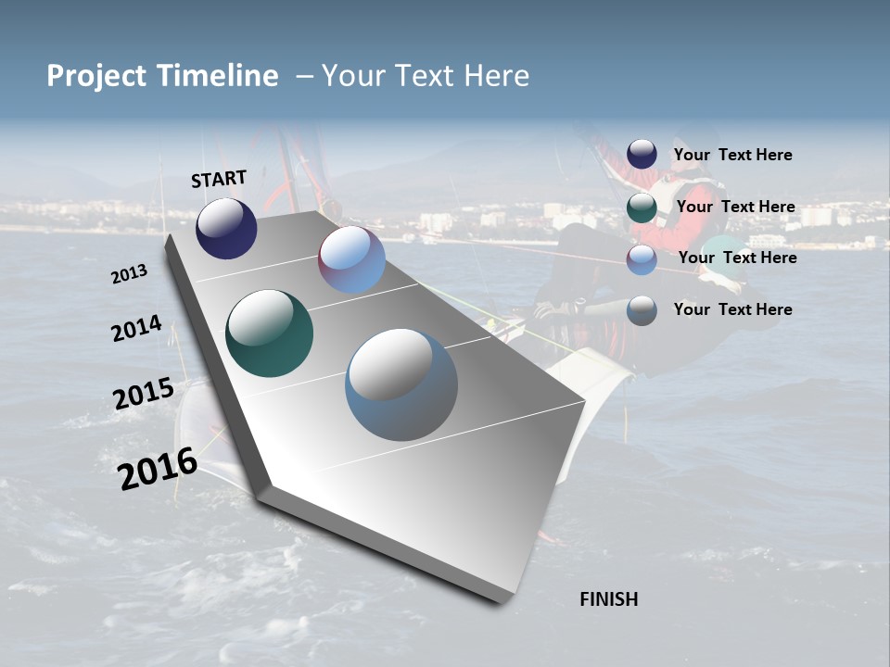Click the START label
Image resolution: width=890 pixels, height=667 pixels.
[219, 179]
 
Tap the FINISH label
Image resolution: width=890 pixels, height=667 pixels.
[609, 599]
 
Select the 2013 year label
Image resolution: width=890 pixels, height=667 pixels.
[129, 274]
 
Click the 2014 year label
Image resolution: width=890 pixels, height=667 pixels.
[136, 329]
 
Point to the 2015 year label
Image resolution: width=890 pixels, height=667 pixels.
[143, 395]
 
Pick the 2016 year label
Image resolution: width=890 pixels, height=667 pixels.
[158, 468]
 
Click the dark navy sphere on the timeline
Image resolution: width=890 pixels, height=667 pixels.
[226, 228]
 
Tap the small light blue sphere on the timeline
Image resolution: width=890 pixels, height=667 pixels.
[351, 259]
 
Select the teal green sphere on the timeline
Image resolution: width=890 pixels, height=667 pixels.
[269, 333]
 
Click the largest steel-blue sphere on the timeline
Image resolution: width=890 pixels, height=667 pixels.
[400, 384]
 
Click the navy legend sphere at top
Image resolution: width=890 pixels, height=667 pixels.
[642, 155]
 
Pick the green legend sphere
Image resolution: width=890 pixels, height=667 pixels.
[642, 208]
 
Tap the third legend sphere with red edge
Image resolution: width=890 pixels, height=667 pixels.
[642, 259]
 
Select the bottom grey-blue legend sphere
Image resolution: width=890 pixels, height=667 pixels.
[642, 310]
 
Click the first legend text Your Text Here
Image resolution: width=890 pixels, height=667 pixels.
[732, 155]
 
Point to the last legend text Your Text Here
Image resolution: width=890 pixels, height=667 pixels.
[732, 309]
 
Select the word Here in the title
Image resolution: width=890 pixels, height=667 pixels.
[495, 76]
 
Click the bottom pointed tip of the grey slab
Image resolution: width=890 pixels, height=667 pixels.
[505, 601]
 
